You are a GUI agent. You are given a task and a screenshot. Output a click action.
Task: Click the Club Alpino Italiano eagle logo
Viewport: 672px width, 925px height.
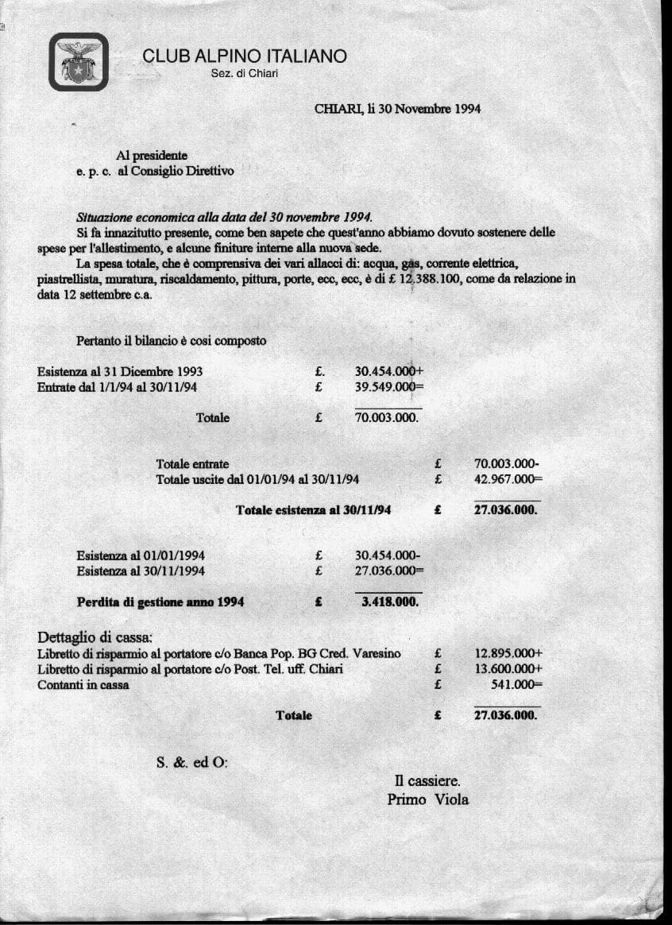[x=79, y=62]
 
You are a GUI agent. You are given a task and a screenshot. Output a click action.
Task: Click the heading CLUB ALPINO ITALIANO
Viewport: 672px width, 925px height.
[x=245, y=56]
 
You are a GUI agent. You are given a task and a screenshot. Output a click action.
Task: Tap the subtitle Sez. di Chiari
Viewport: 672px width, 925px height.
[x=245, y=74]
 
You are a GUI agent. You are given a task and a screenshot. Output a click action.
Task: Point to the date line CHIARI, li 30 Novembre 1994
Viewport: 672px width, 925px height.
[x=397, y=109]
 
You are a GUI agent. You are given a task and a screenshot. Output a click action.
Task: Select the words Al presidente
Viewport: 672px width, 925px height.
[x=152, y=156]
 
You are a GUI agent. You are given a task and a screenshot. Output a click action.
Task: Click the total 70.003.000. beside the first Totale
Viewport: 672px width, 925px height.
[x=386, y=417]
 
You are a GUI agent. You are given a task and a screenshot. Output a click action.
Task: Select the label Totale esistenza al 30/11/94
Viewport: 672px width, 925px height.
[x=313, y=509]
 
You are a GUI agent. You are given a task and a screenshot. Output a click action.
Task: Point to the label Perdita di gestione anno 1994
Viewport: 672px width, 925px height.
[x=160, y=602]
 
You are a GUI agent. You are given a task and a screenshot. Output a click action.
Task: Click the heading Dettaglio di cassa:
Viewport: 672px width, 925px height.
[x=95, y=637]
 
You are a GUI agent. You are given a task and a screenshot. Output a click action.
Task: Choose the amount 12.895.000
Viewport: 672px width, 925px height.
[x=506, y=653]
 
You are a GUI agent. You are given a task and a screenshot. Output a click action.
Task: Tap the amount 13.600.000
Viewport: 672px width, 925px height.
[x=506, y=669]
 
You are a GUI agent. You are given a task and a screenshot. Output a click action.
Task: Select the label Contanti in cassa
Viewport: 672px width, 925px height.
[x=83, y=684]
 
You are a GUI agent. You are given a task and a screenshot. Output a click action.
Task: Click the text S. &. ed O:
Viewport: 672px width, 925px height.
[x=192, y=762]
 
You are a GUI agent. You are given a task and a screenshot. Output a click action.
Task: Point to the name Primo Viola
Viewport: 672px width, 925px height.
[x=427, y=799]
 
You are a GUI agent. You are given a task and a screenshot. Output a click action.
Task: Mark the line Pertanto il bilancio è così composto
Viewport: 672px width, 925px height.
[x=171, y=341]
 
